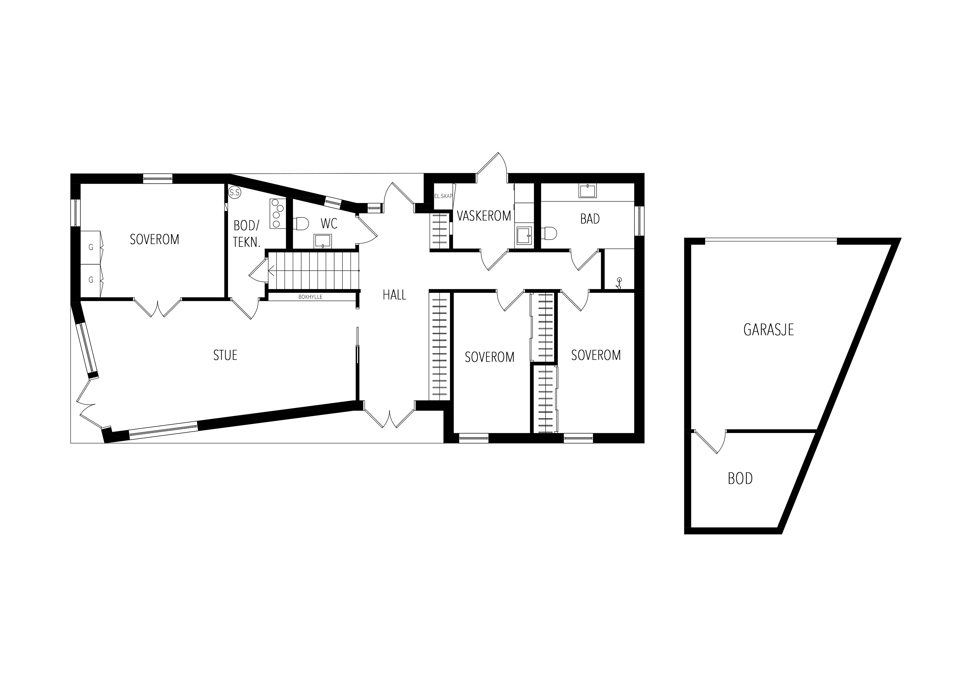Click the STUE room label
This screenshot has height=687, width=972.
pyautogui.click(x=225, y=355)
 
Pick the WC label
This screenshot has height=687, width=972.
pyautogui.click(x=329, y=224)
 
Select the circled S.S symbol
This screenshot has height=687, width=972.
pyautogui.click(x=234, y=193)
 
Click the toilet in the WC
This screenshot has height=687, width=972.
pyautogui.click(x=301, y=224)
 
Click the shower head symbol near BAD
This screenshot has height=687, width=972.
pyautogui.click(x=619, y=283)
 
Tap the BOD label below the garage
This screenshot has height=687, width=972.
pyautogui.click(x=740, y=479)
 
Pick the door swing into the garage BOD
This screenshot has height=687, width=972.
pyautogui.click(x=710, y=442)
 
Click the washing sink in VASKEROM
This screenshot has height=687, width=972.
pyautogui.click(x=523, y=235)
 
